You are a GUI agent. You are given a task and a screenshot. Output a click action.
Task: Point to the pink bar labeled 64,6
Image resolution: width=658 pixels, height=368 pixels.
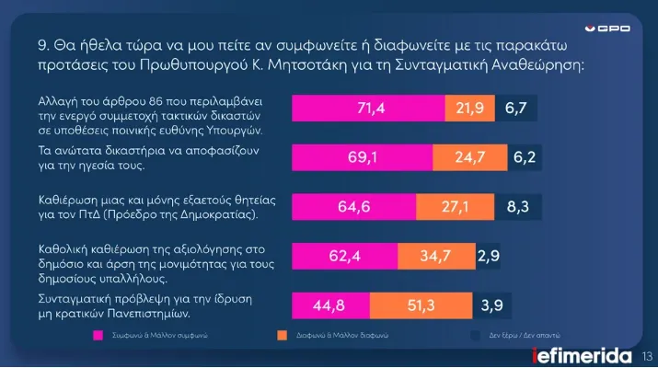click(x=354, y=206)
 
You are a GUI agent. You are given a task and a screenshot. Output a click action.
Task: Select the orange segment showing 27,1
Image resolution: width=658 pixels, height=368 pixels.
click(x=456, y=206)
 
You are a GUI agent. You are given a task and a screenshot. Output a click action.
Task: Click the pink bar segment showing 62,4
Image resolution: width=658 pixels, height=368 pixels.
click(x=345, y=256)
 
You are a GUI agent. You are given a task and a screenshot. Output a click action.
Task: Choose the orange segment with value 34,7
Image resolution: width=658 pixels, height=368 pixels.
click(x=437, y=256)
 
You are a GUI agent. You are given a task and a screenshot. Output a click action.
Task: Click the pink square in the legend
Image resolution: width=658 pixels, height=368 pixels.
click(x=96, y=336)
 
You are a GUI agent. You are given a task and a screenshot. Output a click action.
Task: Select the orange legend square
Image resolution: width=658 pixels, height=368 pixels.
click(x=280, y=336)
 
